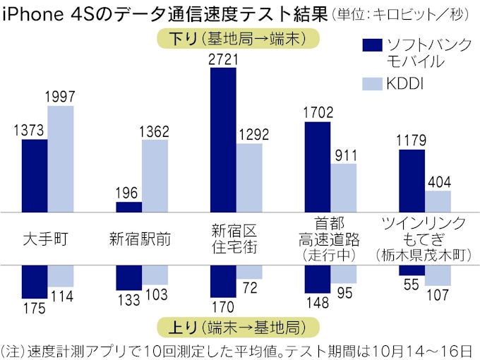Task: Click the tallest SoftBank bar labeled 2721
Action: click(x=222, y=141)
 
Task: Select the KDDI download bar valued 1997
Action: click(x=61, y=159)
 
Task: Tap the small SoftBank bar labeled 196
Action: click(x=128, y=207)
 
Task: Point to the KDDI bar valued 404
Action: click(x=438, y=201)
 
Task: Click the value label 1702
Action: click(x=318, y=111)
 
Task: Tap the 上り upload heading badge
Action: click(x=236, y=328)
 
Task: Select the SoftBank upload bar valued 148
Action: click(x=318, y=279)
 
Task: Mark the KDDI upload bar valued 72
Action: click(x=248, y=272)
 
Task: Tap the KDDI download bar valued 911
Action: click(x=344, y=188)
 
